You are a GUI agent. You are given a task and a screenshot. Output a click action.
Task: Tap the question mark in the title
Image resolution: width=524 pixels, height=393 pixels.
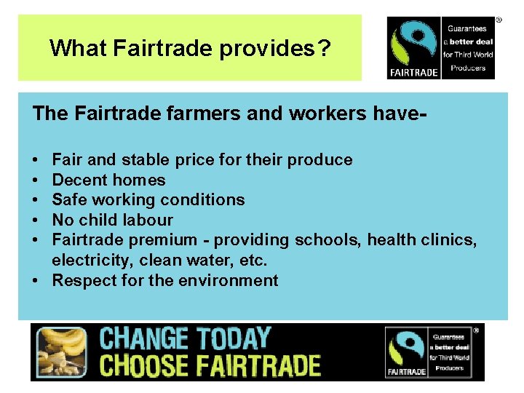pos(325,49)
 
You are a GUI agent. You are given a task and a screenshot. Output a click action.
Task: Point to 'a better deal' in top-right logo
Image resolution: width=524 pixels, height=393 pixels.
pos(469,41)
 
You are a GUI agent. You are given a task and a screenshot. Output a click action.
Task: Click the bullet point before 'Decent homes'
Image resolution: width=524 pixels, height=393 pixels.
pos(36,180)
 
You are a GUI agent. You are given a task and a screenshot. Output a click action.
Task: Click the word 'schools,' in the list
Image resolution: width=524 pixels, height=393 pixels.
pos(327,240)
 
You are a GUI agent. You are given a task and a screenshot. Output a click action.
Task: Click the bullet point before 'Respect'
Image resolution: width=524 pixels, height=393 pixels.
pos(36,280)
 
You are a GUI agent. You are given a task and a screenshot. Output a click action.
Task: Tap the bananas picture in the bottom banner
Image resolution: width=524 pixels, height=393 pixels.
pos(60,352)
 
